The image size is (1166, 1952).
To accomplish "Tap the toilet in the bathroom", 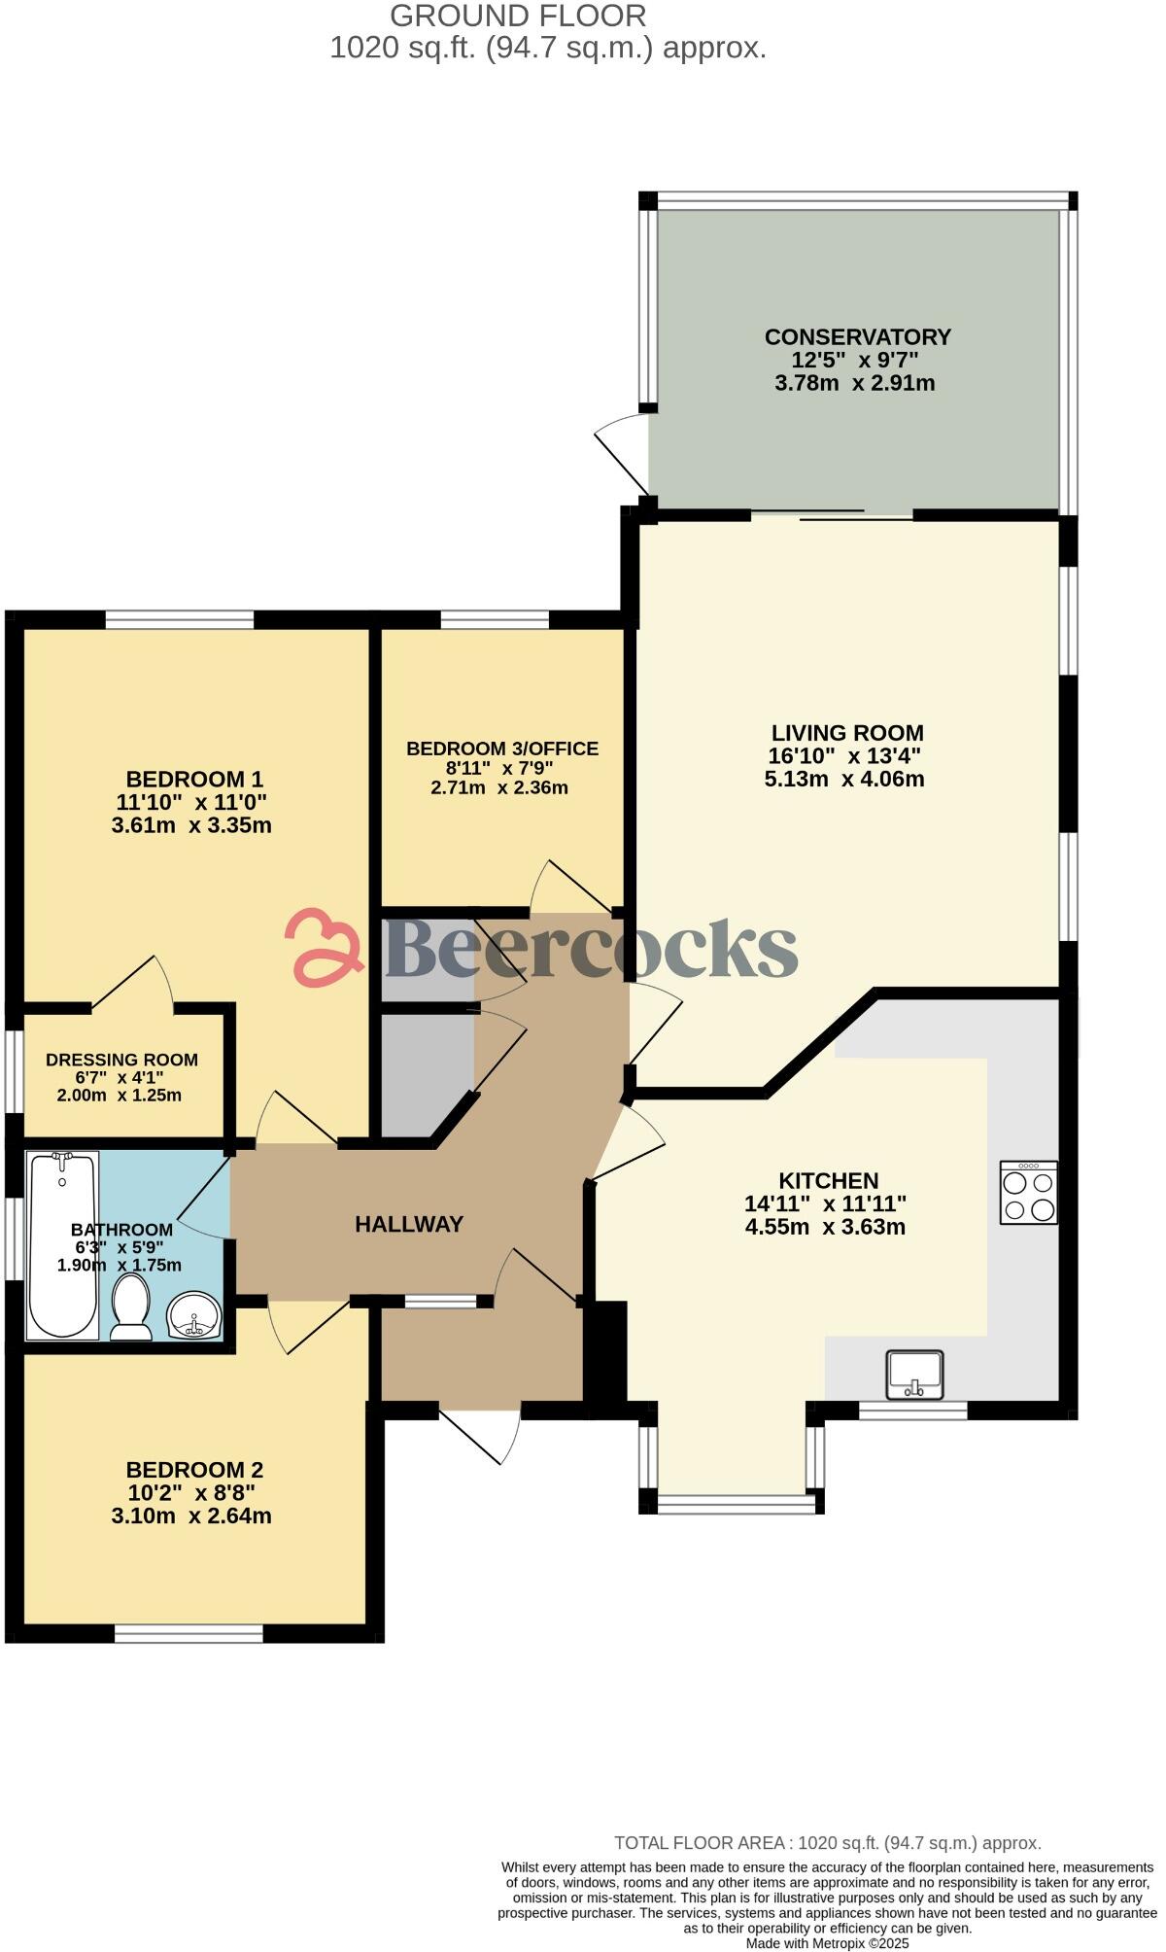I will pos(130,1307).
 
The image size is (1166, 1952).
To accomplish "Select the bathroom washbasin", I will pos(194,1315).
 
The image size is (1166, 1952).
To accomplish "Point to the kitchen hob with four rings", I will pos(1029,1193).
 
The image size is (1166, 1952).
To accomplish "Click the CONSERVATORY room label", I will pos(857,337).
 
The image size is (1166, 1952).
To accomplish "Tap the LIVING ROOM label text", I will pos(847,733).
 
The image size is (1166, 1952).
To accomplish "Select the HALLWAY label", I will pos(409,1225).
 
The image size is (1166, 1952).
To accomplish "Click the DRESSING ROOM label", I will pos(121,1060).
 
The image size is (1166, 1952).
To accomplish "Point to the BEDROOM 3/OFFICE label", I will pos(501,749).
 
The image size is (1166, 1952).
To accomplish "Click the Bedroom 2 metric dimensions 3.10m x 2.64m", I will pos(191,1516).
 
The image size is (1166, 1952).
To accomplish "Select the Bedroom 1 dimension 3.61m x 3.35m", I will pos(191,825).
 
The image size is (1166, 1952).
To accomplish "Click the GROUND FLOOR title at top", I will pos(517,16).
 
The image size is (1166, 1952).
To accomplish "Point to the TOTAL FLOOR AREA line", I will pos(827,1842).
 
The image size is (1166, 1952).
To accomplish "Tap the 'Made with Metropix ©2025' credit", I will pos(827,1943).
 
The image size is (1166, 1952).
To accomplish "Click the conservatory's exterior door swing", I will pos(622,452).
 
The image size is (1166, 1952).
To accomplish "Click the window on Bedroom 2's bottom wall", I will pos(189,1634).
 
